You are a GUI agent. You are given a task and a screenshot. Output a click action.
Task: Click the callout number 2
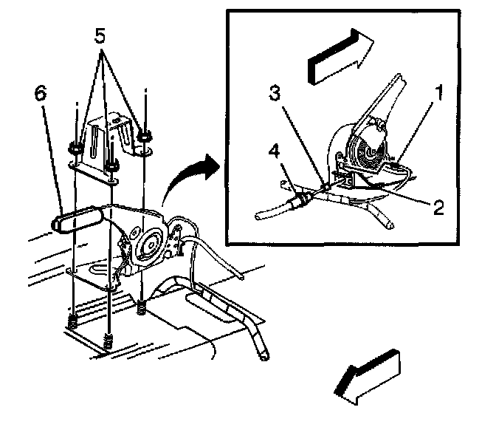(x=438, y=208)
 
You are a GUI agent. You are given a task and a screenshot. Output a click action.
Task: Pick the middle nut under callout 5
(x=111, y=166)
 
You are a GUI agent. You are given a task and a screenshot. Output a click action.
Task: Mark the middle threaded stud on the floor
(x=109, y=341)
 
